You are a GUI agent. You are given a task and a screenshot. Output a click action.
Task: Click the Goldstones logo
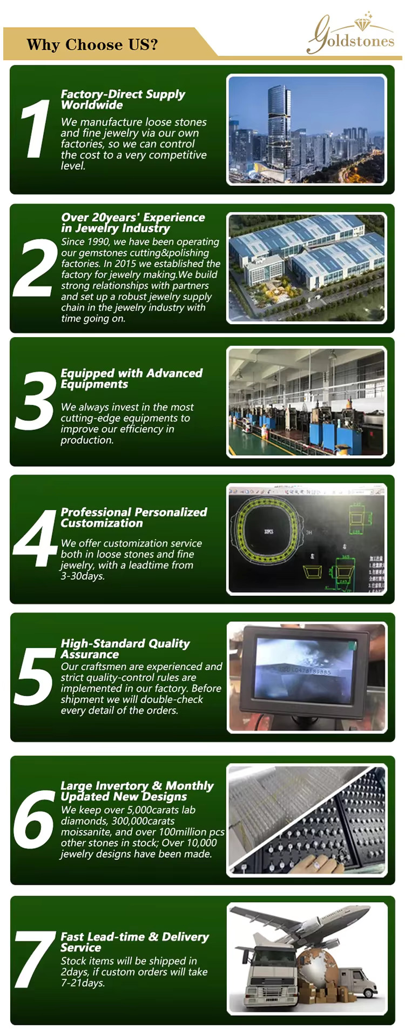(x=350, y=33)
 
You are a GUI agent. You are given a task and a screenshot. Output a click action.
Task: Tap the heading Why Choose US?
(x=92, y=44)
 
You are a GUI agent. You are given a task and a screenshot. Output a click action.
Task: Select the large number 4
(x=35, y=538)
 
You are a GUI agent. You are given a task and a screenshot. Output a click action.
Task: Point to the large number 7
(x=35, y=959)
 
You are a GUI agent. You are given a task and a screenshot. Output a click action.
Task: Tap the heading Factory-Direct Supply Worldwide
(x=123, y=99)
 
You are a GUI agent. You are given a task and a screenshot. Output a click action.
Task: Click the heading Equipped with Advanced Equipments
(x=131, y=378)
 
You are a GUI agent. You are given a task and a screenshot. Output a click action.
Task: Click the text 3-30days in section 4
(x=83, y=576)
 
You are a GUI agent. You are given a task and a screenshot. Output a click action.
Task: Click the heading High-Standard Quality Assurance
(x=125, y=649)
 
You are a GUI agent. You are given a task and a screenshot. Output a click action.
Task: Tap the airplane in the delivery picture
(x=302, y=926)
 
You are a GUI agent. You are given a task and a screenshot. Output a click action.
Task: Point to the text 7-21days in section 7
(x=83, y=983)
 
